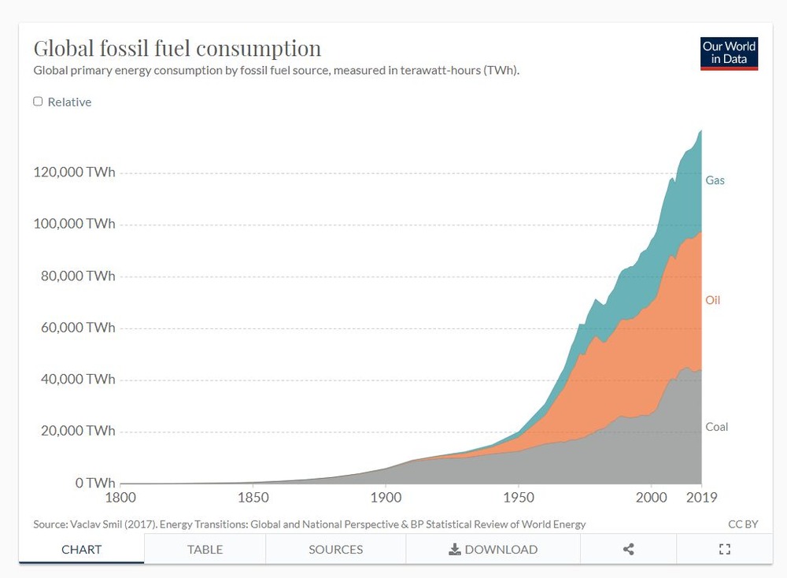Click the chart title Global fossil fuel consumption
(177, 49)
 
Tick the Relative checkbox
(38, 102)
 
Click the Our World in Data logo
(729, 53)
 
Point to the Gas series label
(715, 180)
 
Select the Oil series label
(712, 300)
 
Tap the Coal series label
(716, 427)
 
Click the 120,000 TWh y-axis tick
(74, 172)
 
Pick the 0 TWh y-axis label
(94, 483)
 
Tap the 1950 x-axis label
(518, 498)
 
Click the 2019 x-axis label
(701, 498)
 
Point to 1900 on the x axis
(386, 498)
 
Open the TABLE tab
(205, 550)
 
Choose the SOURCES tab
(335, 550)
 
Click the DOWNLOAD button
(493, 550)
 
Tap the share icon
(628, 550)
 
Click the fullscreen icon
(725, 550)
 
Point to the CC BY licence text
(743, 524)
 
